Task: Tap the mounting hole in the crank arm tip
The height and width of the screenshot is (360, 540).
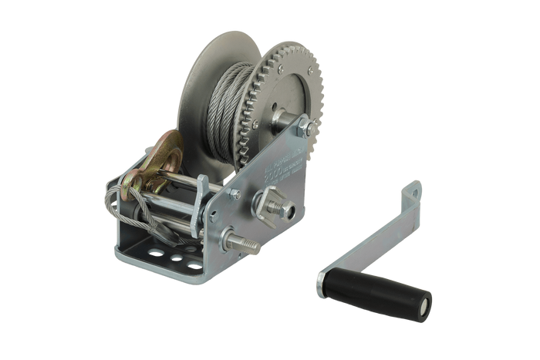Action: tap(416, 187)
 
